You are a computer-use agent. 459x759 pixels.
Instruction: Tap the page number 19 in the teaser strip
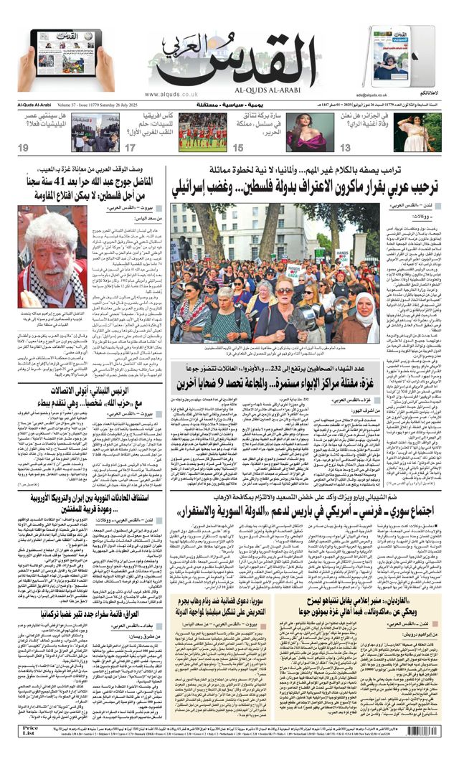point(24,148)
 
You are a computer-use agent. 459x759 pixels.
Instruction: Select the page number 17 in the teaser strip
point(130,148)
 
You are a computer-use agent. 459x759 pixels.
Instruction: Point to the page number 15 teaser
point(238,148)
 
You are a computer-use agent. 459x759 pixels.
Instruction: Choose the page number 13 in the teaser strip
point(345,148)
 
